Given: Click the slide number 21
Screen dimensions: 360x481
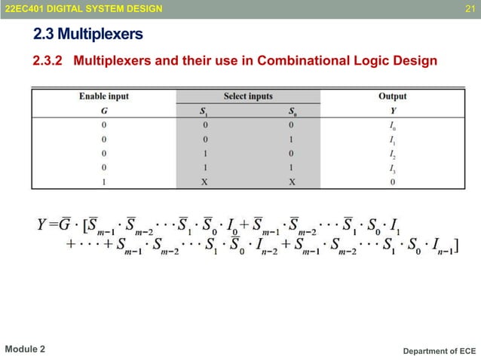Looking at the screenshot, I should pyautogui.click(x=470, y=8).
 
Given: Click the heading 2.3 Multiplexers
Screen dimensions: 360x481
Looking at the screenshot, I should pyautogui.click(x=88, y=35).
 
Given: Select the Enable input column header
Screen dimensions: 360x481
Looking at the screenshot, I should pyautogui.click(x=104, y=96).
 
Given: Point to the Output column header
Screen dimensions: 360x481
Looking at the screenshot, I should pyautogui.click(x=392, y=96).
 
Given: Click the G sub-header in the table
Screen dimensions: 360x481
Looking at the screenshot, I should pyautogui.click(x=104, y=110).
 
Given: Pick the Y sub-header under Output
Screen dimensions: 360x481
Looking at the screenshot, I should pyautogui.click(x=392, y=110).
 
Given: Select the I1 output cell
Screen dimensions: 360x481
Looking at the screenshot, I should pyautogui.click(x=392, y=139).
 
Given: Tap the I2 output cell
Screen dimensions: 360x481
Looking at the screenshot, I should pyautogui.click(x=392, y=154).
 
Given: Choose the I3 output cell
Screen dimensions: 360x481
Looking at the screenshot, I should pyautogui.click(x=392, y=168).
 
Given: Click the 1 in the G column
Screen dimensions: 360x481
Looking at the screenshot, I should pyautogui.click(x=104, y=182).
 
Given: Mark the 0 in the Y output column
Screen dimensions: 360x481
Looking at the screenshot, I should pyautogui.click(x=392, y=182).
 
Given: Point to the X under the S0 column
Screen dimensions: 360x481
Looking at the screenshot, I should pyautogui.click(x=292, y=182).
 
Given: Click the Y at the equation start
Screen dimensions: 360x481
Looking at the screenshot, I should pyautogui.click(x=43, y=224).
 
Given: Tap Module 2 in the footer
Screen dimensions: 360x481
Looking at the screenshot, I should pyautogui.click(x=25, y=349).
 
